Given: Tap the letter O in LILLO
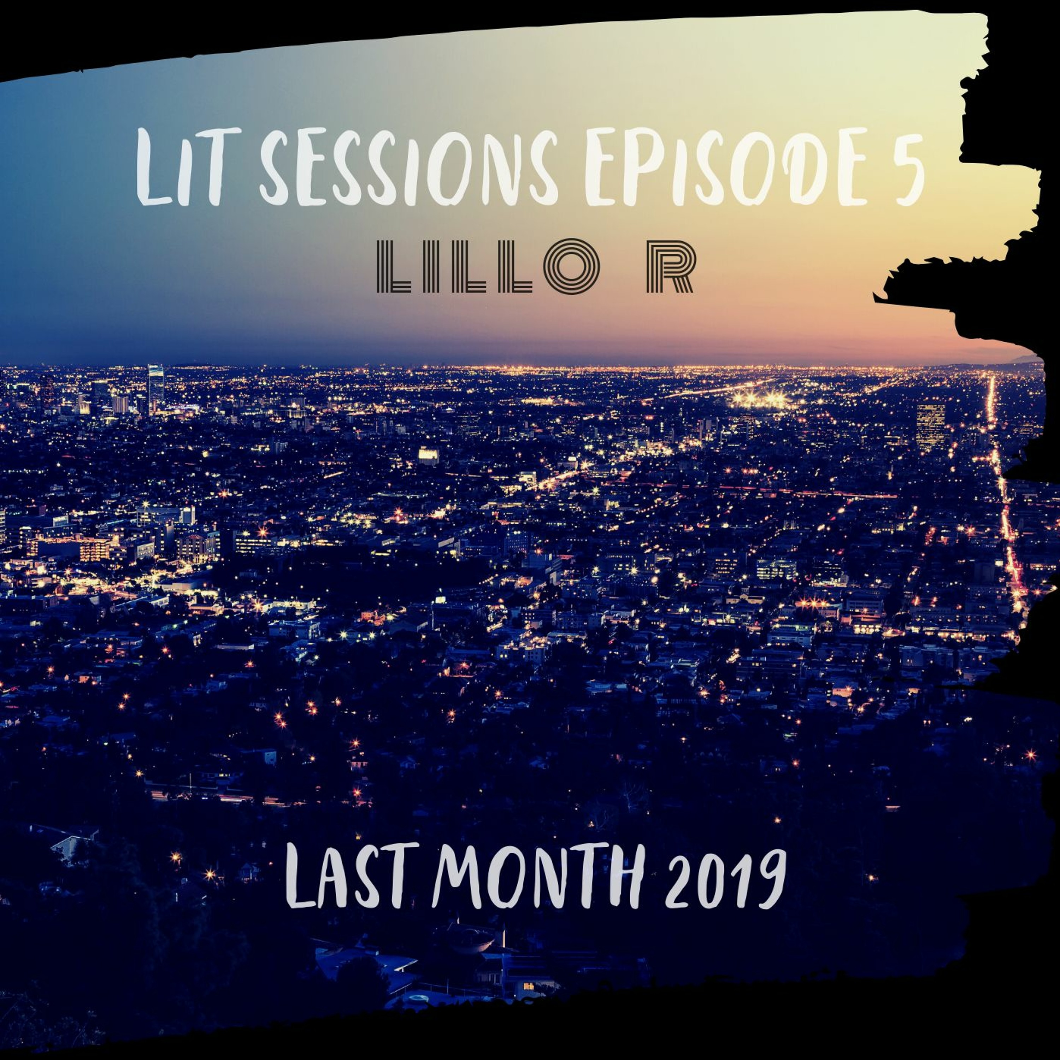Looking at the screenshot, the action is coord(571,267).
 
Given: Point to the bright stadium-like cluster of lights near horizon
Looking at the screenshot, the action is coord(760,399).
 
